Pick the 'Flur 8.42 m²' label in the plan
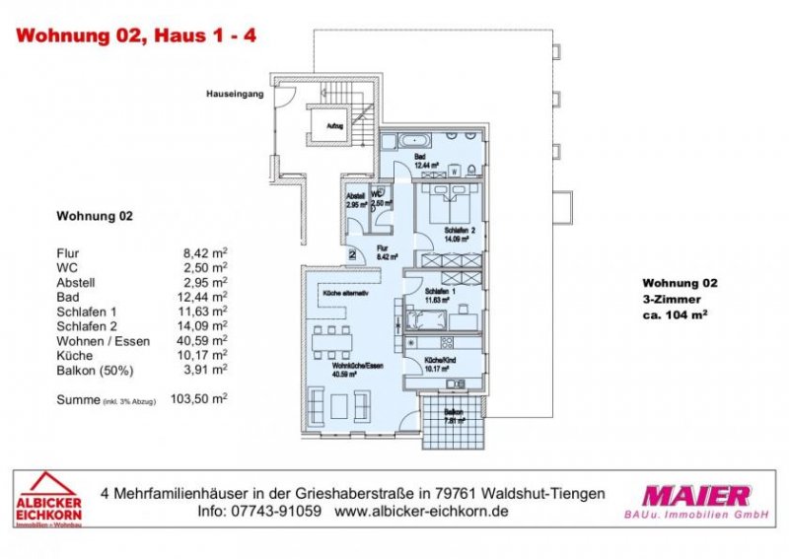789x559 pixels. tap(386, 251)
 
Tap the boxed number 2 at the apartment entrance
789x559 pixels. tap(352, 254)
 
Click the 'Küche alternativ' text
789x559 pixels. tap(346, 294)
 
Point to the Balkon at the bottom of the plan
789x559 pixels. tap(453, 415)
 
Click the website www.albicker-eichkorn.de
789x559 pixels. tap(421, 513)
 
